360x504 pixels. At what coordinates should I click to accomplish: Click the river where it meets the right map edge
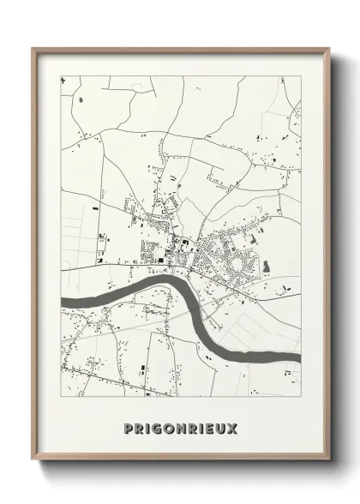pos(299,357)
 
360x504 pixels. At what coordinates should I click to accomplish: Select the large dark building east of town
pos(267,267)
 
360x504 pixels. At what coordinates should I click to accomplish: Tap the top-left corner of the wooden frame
pos(33,48)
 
